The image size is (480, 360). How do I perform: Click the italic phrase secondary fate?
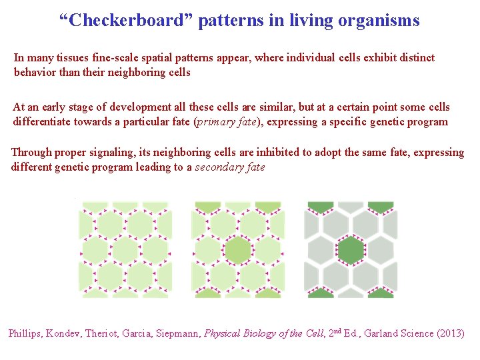(x=229, y=167)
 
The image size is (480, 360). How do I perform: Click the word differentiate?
(x=41, y=122)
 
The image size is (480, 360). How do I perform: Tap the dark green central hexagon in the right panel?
(x=351, y=251)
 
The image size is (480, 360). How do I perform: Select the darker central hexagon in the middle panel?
(x=237, y=251)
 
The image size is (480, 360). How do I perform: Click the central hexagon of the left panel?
(x=125, y=251)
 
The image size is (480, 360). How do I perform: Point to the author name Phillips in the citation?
(x=25, y=333)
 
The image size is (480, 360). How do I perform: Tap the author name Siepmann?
(x=178, y=333)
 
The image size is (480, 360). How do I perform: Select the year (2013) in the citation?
(x=449, y=333)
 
